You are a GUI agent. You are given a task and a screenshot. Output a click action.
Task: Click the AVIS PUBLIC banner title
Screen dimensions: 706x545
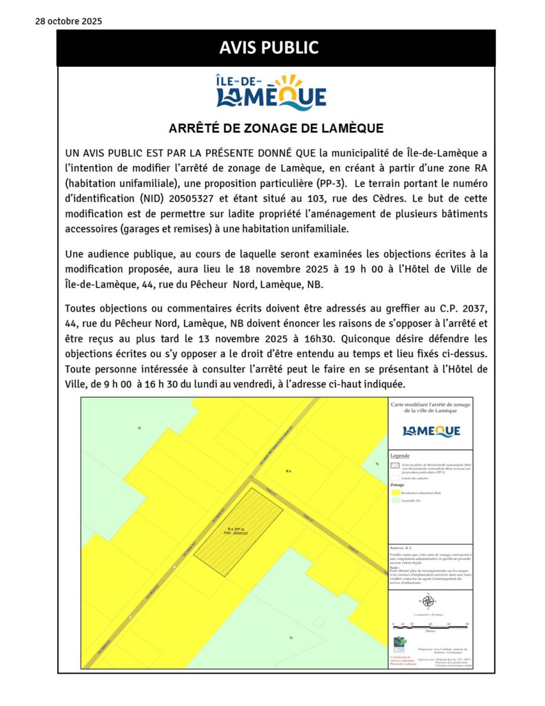tap(276, 48)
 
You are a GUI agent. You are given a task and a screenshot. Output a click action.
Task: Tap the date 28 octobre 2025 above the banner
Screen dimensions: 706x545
tap(68, 21)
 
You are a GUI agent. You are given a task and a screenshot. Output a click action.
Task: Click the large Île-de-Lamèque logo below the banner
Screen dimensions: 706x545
tap(271, 92)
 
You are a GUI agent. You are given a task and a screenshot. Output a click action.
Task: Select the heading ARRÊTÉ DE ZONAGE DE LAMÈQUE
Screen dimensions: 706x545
tap(276, 128)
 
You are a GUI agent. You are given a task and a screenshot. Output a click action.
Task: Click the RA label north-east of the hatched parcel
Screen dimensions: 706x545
tap(289, 471)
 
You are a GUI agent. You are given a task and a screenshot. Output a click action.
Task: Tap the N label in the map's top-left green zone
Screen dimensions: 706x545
tap(139, 429)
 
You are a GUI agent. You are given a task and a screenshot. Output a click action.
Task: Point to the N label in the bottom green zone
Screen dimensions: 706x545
tap(291, 638)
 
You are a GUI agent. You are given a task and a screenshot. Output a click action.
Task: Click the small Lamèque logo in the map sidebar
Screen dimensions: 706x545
tap(431, 431)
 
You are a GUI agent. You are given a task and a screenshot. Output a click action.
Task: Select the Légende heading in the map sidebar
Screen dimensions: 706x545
tap(400, 456)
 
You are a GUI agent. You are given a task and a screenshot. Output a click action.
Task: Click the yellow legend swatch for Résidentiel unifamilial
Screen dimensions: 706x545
tap(395, 494)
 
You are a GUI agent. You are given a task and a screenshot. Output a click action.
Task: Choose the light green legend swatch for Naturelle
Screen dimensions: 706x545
tap(395, 501)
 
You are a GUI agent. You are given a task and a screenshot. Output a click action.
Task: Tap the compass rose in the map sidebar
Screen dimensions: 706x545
tap(428, 601)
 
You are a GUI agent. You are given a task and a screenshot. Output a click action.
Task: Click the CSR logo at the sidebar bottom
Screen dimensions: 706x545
tap(399, 646)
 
